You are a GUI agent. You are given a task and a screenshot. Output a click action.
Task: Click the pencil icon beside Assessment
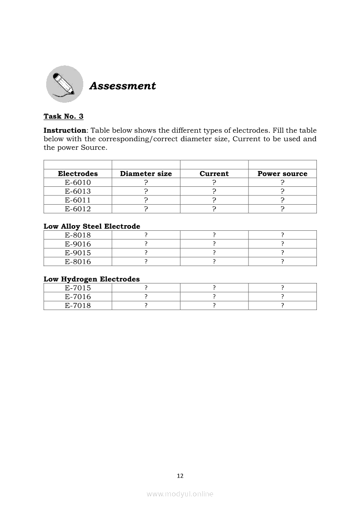(65, 84)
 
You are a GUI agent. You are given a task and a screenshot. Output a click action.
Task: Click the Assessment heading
(122, 86)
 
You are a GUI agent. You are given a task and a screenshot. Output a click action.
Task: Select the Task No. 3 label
(63, 116)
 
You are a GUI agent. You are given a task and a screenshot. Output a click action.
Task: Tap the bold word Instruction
(65, 130)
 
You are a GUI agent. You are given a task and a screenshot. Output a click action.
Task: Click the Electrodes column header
(78, 173)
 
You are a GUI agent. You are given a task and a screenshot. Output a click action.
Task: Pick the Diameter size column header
(146, 173)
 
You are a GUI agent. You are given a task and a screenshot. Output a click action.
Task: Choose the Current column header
(214, 173)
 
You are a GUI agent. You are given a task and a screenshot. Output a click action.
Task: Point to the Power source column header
(282, 173)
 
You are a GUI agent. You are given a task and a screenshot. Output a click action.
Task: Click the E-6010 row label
(78, 182)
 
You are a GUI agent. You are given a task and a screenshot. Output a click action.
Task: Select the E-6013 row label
(78, 191)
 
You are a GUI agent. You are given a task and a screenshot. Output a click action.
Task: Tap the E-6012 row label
(78, 209)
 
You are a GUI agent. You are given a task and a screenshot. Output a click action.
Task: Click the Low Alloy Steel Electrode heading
(92, 226)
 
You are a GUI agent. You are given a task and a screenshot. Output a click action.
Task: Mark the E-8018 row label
(78, 235)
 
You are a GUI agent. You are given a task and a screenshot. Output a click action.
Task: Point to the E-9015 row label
(78, 253)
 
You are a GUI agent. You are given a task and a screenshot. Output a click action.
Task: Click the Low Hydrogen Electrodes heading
(92, 279)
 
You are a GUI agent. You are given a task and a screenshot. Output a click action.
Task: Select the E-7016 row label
(78, 297)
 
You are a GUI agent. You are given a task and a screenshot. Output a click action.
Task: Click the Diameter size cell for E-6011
(146, 200)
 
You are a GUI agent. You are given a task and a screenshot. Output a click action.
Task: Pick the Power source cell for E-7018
(282, 305)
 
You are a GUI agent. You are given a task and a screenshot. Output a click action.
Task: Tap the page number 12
(180, 475)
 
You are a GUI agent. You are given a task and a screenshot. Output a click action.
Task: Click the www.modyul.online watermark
(180, 494)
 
